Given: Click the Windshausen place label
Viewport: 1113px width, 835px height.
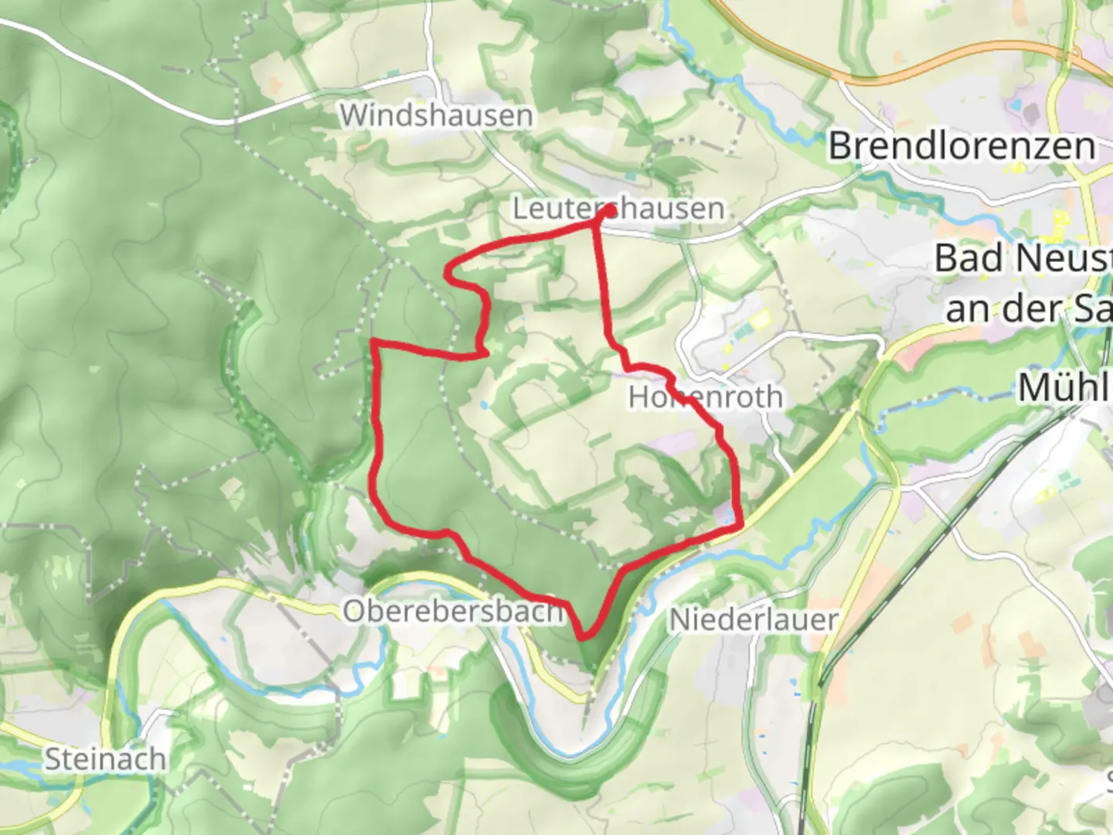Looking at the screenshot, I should click(437, 116).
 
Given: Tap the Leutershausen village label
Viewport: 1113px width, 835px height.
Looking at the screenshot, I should click(618, 209).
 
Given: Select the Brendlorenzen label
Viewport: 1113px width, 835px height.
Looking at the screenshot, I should click(962, 146).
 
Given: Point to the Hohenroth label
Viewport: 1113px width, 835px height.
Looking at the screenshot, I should click(705, 397).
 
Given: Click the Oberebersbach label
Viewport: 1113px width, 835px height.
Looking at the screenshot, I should click(454, 612).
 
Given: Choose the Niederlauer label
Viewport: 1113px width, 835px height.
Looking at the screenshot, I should click(754, 619).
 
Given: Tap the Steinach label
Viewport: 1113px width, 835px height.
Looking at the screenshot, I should click(104, 759).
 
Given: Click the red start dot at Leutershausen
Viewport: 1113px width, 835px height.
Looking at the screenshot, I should click(610, 210).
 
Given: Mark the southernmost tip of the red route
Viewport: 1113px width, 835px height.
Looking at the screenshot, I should click(584, 636).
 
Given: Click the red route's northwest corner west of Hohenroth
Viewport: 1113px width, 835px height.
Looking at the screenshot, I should click(375, 342).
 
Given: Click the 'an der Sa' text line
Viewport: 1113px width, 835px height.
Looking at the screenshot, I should click(1028, 309).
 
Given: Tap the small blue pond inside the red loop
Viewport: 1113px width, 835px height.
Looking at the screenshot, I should click(483, 404).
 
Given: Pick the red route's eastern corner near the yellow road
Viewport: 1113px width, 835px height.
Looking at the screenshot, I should click(740, 526).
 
